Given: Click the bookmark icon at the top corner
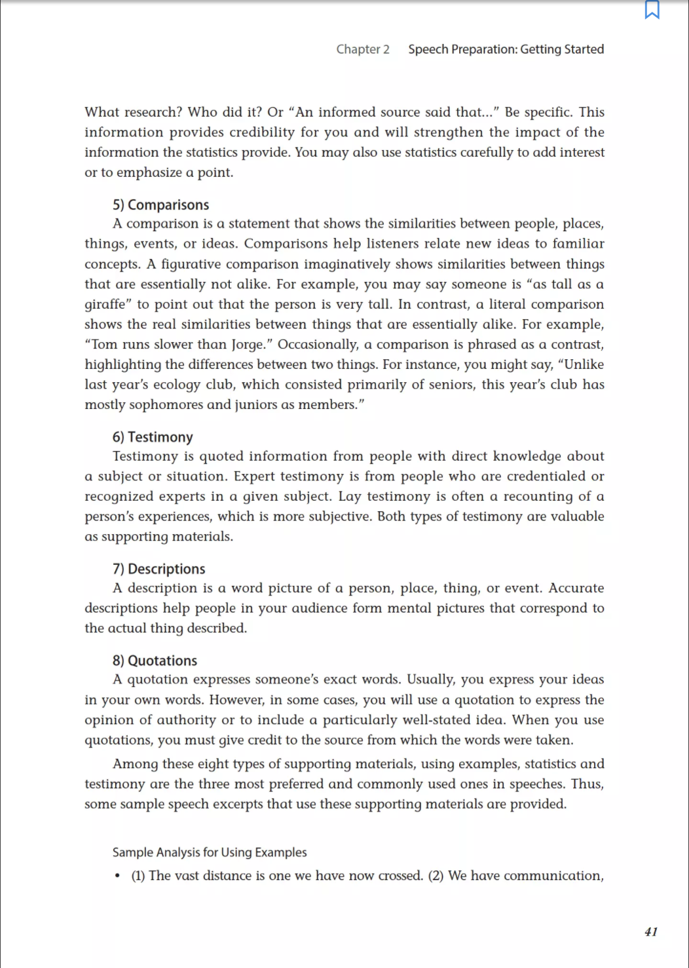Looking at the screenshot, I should (652, 10).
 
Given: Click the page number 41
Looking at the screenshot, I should (651, 932).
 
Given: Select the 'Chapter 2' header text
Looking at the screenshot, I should (363, 49).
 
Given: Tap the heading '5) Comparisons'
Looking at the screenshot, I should (161, 204).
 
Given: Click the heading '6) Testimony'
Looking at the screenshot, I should (153, 437).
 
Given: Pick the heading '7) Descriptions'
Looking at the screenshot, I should (159, 569).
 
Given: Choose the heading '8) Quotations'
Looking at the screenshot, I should (155, 661).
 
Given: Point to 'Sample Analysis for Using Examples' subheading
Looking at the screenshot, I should (210, 852).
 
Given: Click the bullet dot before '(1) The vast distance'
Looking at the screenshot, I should (117, 876).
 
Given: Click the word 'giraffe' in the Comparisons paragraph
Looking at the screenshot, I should (105, 305).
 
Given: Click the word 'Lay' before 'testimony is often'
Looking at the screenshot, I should (350, 497).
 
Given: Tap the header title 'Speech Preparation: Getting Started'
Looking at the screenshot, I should (506, 49).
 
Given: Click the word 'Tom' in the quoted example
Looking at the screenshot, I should (103, 345).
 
